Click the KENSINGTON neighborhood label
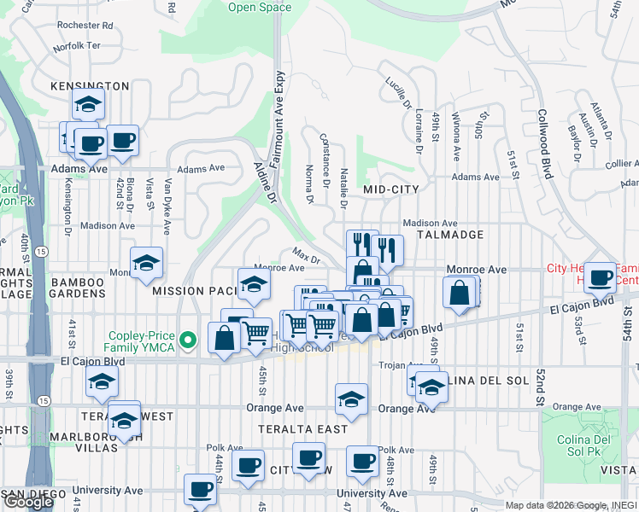pyautogui.click(x=90, y=86)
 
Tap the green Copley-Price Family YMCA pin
pyautogui.click(x=191, y=340)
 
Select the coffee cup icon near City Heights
pyautogui.click(x=601, y=276)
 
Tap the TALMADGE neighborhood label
pyautogui.click(x=449, y=234)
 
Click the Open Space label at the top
pyautogui.click(x=260, y=8)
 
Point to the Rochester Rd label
pyautogui.click(x=85, y=25)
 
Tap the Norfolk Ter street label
pyautogui.click(x=77, y=44)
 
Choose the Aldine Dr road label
pyautogui.click(x=264, y=183)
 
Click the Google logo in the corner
pyautogui.click(x=28, y=502)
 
